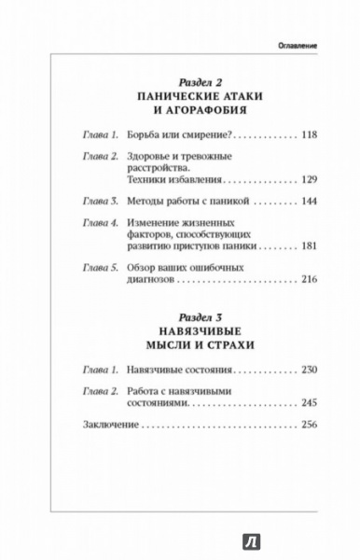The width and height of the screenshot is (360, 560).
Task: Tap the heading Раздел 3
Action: click(x=180, y=313)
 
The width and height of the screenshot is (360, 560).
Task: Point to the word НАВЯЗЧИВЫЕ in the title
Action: click(x=180, y=329)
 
